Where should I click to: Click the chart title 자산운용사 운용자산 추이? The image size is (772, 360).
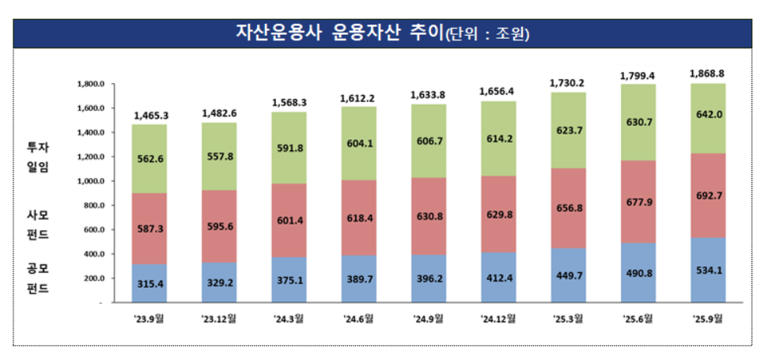(339, 33)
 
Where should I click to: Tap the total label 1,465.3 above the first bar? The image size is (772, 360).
(149, 116)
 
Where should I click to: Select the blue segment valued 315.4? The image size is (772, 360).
(149, 283)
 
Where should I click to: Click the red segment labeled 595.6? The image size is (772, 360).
(219, 226)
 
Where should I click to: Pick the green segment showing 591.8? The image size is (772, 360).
(289, 148)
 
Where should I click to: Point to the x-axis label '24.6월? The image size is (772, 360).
(359, 319)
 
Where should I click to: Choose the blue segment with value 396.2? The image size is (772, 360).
(429, 279)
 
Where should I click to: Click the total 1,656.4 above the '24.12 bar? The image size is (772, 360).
(499, 92)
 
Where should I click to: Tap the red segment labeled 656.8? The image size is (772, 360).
(569, 208)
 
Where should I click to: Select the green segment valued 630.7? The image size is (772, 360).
(638, 122)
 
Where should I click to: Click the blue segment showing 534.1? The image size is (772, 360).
(709, 270)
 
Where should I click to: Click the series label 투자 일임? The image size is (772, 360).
(39, 157)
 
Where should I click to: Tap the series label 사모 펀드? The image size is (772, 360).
(39, 225)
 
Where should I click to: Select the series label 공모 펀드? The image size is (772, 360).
(39, 279)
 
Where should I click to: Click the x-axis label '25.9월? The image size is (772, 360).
(709, 319)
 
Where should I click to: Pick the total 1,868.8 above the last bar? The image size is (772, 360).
(709, 74)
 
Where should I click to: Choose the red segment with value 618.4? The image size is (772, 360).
(359, 218)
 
